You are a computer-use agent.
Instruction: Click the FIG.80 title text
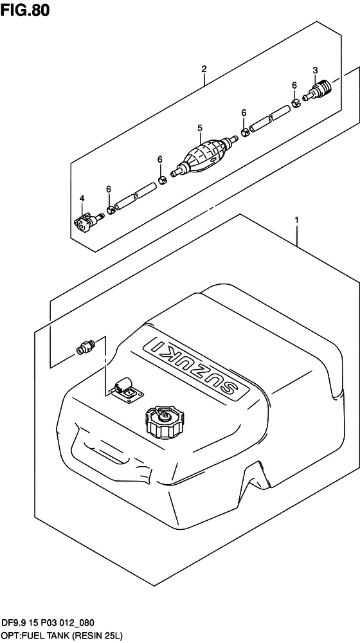point(25,10)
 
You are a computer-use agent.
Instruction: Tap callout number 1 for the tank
point(296,221)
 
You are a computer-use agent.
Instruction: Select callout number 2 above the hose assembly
point(204,69)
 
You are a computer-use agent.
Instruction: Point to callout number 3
point(315,71)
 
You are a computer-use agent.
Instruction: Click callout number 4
point(82,199)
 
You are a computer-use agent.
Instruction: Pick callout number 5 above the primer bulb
point(200,129)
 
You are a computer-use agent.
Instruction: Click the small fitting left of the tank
point(85,347)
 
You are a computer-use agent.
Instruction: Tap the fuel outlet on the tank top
point(128,391)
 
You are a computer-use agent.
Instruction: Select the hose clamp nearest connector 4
point(111,210)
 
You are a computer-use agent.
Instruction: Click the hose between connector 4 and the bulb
point(136,196)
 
